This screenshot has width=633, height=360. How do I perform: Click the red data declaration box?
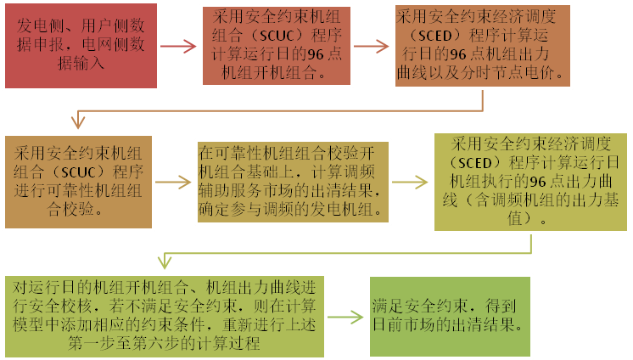point(81,46)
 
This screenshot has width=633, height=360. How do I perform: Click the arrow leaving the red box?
point(177,47)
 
